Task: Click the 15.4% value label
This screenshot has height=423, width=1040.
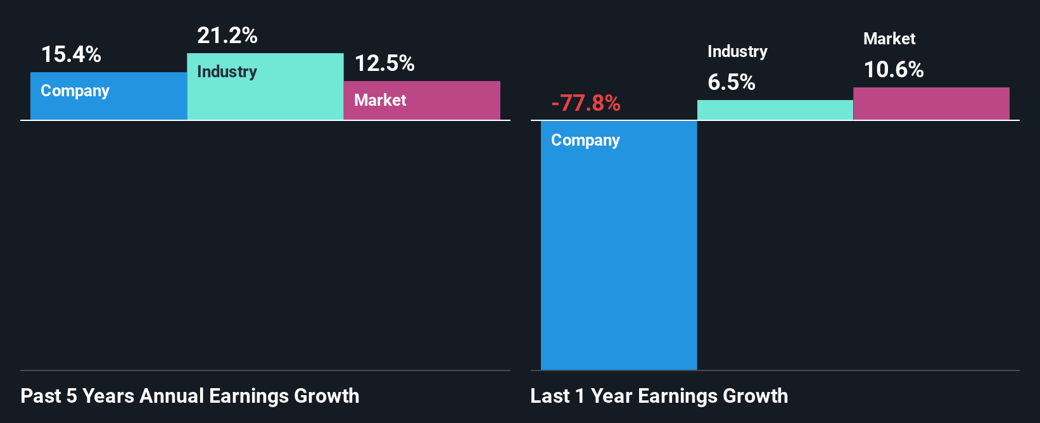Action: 71,54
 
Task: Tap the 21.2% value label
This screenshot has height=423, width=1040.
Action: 227,35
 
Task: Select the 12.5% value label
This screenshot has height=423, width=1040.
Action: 384,63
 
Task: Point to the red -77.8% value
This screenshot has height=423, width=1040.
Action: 586,103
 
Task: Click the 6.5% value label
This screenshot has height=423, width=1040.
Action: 732,82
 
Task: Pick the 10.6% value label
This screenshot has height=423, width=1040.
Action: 894,70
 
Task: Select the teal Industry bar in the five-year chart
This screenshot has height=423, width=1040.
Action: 265,95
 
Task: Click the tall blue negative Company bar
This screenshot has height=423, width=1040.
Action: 619,253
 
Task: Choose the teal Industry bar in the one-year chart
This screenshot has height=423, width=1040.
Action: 775,110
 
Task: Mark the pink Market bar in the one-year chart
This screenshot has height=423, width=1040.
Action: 931,104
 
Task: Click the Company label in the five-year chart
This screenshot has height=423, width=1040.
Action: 75,91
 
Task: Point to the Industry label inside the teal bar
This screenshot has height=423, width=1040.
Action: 227,72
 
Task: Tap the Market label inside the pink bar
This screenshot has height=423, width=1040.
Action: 380,100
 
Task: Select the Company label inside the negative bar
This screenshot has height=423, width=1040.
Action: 585,141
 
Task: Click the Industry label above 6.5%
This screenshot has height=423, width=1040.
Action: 737,52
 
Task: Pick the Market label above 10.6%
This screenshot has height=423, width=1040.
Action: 889,39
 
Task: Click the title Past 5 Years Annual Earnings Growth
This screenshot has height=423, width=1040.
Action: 190,396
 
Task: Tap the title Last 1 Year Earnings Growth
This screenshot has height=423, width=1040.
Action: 659,396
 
